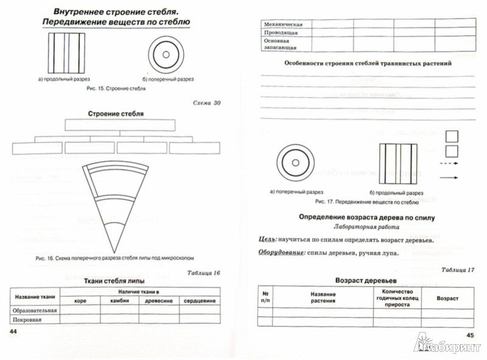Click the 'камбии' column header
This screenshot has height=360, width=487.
coord(120,300)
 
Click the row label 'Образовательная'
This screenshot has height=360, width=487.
coord(34,311)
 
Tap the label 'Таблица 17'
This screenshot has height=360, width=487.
coord(458,269)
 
